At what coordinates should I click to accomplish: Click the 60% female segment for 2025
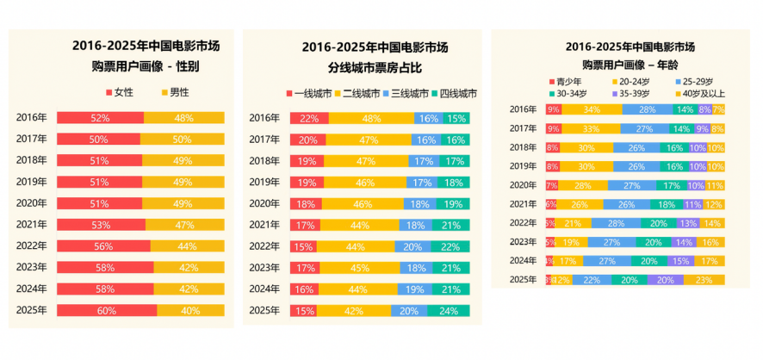tap(107, 310)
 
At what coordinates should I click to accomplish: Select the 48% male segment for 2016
tap(183, 118)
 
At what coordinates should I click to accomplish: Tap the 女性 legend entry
tap(121, 92)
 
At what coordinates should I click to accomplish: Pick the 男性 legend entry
tap(175, 92)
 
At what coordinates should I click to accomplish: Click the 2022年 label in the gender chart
tap(31, 245)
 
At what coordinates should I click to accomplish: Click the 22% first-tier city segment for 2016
tap(309, 118)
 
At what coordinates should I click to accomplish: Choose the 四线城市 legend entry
tap(455, 93)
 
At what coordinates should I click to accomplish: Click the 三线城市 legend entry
tap(405, 93)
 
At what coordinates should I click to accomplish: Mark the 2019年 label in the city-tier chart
tap(264, 182)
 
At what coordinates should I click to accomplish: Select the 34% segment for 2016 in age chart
tap(591, 109)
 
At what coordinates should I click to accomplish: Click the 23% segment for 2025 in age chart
tap(704, 280)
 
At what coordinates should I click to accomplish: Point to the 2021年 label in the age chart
tap(523, 204)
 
